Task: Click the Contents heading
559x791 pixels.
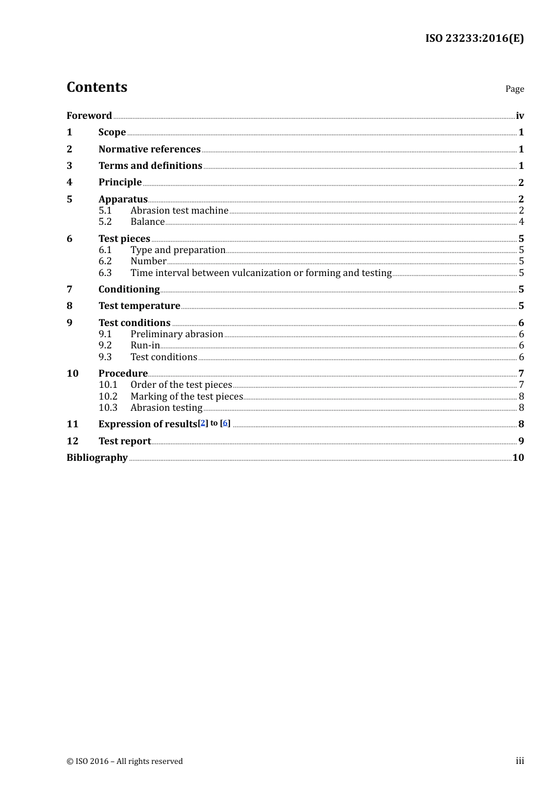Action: point(97,87)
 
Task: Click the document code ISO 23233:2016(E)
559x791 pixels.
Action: point(474,38)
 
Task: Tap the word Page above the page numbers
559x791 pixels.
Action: point(514,89)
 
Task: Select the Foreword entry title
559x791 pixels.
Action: point(89,115)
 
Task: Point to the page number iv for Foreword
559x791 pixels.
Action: point(520,116)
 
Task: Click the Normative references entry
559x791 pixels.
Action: point(149,149)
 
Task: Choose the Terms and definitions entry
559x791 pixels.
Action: point(150,165)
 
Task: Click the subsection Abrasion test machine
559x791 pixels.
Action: point(179,210)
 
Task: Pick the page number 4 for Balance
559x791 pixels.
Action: point(521,222)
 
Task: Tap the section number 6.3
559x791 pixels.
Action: point(105,272)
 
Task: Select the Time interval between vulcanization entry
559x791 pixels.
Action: point(261,272)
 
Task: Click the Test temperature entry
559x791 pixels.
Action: point(139,305)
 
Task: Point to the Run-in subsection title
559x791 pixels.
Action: point(145,345)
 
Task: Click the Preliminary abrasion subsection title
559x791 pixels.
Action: point(177,334)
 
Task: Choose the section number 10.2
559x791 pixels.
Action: point(108,396)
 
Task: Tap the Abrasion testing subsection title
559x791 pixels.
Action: point(167,407)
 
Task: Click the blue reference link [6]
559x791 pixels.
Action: point(225,423)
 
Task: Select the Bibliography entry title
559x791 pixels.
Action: point(97,457)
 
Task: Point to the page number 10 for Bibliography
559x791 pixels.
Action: point(518,457)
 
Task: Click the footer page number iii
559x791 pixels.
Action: point(520,761)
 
